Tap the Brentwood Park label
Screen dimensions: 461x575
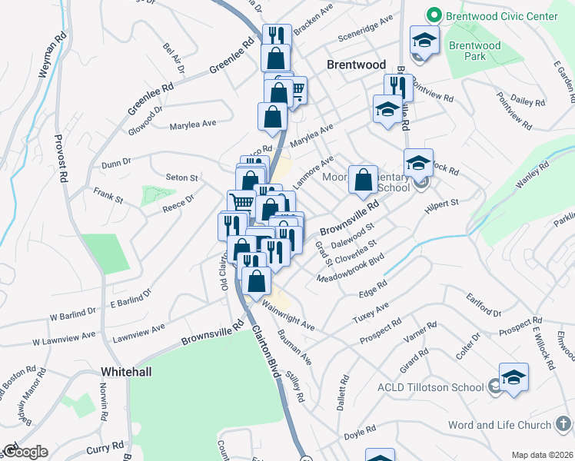[x=474, y=51]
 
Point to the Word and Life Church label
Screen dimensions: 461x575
[x=500, y=425]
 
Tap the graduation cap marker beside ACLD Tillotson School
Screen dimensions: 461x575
[x=514, y=378]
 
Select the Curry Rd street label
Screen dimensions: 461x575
[x=106, y=446]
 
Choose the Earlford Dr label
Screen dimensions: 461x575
[x=482, y=305]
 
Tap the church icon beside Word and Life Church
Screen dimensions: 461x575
[x=562, y=425]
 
